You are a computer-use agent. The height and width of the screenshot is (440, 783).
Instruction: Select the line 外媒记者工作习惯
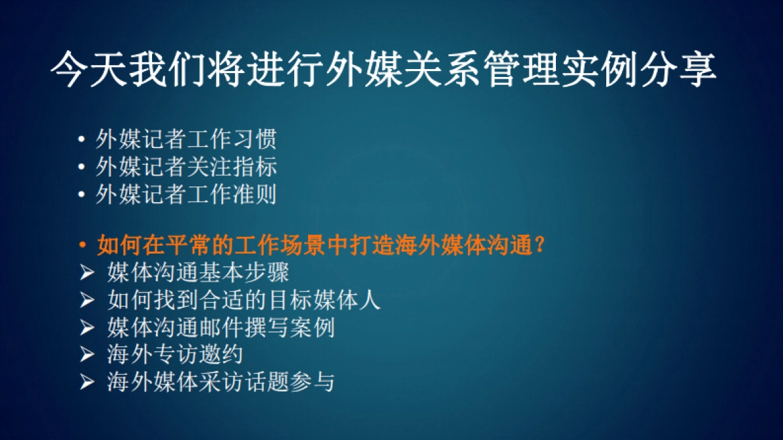click(186, 139)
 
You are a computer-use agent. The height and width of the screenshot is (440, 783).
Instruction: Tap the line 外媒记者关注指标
click(186, 167)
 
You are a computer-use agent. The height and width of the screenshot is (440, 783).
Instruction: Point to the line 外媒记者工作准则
click(186, 195)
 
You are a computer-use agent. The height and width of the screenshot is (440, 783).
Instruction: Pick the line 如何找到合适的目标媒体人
click(243, 300)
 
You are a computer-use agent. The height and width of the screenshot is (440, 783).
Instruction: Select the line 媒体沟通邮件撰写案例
click(221, 327)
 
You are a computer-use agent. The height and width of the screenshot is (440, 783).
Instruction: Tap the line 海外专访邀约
click(175, 355)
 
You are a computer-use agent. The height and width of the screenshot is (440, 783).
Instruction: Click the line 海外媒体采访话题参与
click(221, 382)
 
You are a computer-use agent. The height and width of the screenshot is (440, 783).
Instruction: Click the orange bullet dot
click(82, 246)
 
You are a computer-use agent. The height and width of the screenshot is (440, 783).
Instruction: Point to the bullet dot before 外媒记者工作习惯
click(81, 139)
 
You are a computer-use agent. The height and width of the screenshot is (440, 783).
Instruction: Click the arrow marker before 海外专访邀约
click(87, 355)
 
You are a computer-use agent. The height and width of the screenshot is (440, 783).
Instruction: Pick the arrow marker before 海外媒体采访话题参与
click(87, 382)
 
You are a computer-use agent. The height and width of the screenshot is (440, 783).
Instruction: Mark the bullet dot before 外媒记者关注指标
click(81, 168)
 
